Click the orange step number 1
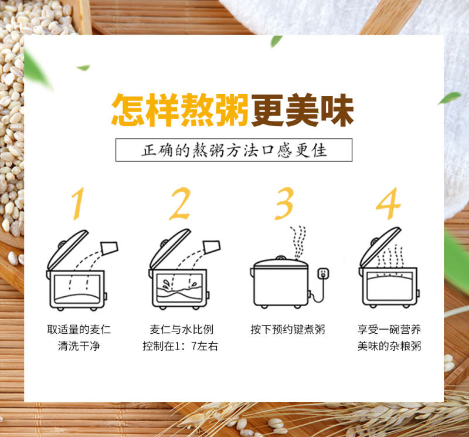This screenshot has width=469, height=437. click(x=78, y=204)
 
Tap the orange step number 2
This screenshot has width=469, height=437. click(x=180, y=204)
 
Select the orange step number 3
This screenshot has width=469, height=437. click(x=284, y=204)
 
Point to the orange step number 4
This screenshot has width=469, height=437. click(x=388, y=204)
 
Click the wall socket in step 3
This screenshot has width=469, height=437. click(x=323, y=274)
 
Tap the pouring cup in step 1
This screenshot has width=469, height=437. click(x=110, y=248)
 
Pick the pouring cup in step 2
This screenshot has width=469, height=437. click(x=212, y=247)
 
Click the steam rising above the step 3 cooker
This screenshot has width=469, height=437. click(x=298, y=242)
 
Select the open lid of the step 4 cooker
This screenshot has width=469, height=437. click(x=379, y=247)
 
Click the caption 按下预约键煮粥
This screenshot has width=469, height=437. click(x=288, y=330)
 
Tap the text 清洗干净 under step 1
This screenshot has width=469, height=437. click(x=79, y=346)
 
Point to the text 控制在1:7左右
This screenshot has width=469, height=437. click(x=180, y=346)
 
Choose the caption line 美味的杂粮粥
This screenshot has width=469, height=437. click(x=389, y=346)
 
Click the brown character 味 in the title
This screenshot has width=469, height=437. click(x=337, y=110)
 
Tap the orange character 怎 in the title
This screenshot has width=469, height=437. click(x=128, y=110)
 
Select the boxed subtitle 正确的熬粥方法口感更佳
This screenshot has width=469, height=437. click(x=234, y=150)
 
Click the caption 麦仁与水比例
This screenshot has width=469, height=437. click(x=182, y=330)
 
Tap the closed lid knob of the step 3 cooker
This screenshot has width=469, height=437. click(x=281, y=258)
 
